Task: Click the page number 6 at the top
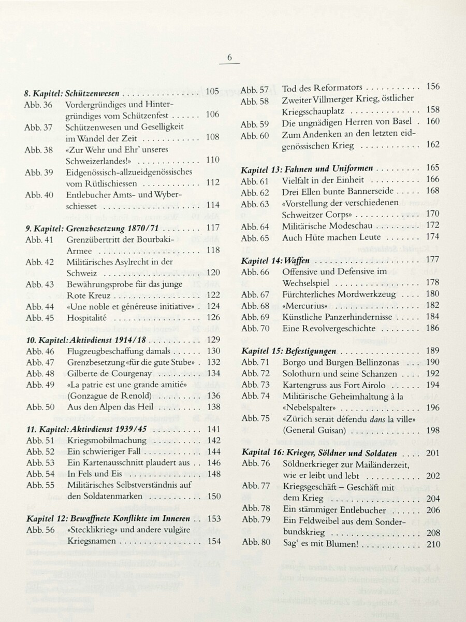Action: pyautogui.click(x=230, y=58)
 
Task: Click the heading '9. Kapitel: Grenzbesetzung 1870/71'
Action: pyautogui.click(x=91, y=229)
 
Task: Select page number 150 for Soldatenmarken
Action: pyautogui.click(x=213, y=496)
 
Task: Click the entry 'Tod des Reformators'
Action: pyautogui.click(x=322, y=88)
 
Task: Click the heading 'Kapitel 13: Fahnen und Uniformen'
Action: pyautogui.click(x=308, y=168)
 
